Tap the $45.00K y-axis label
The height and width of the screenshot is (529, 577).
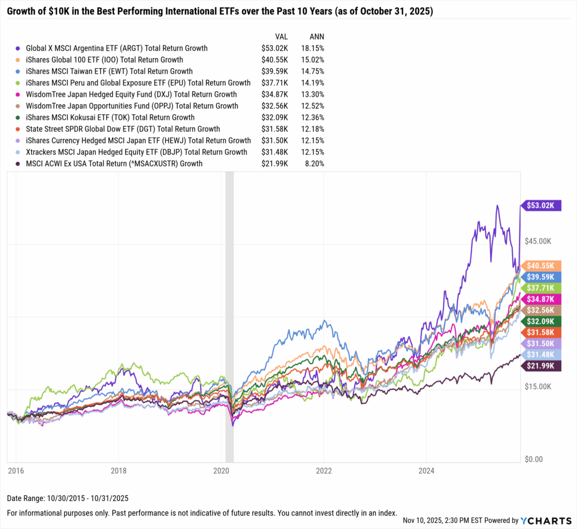[x=538, y=241]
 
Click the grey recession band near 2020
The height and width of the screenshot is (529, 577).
[x=229, y=315]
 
